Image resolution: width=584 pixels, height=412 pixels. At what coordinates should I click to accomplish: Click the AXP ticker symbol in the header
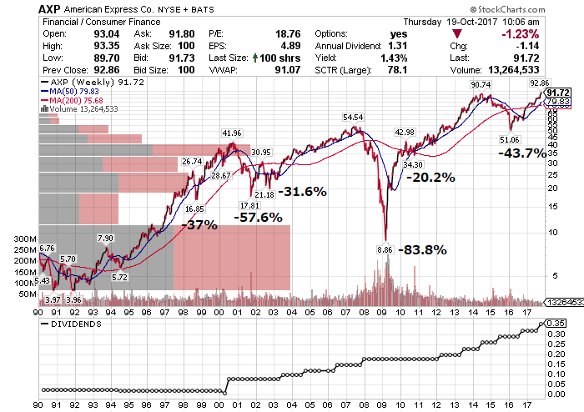tap(49, 9)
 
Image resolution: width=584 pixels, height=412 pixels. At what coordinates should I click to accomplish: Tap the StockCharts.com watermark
tap(507, 9)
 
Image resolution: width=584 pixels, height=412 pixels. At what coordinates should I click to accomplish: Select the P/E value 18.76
tap(288, 34)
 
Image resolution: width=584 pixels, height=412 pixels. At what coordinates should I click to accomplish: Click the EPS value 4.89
tap(290, 46)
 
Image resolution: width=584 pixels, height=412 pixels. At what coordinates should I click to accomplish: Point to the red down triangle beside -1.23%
tap(457, 34)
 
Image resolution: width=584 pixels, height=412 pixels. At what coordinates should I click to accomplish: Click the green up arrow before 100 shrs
tap(255, 58)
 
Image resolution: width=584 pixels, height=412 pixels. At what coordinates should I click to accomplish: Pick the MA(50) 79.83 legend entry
tap(69, 91)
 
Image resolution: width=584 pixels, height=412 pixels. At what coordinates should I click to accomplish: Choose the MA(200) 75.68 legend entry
tap(72, 100)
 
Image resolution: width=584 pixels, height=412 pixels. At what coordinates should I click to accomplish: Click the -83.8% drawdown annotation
tap(422, 249)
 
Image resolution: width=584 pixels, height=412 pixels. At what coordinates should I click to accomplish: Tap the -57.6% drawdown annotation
tap(258, 218)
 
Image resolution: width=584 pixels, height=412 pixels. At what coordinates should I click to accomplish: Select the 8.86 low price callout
tap(385, 249)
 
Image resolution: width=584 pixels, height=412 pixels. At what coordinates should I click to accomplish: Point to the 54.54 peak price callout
tap(353, 118)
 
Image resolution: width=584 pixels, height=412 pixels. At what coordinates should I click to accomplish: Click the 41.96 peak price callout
tap(232, 133)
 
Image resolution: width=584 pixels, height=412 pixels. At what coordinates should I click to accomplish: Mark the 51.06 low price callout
tap(509, 139)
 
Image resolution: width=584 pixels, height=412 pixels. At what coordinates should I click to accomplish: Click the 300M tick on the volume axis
tap(25, 239)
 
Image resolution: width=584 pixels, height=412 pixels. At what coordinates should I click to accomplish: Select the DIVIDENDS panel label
tap(76, 324)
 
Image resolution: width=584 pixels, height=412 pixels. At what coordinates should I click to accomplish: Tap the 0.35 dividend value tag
tap(556, 323)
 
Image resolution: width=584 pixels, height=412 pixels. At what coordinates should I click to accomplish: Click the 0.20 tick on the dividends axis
tap(556, 354)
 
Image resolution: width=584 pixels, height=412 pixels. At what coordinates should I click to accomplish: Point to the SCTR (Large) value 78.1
tap(397, 70)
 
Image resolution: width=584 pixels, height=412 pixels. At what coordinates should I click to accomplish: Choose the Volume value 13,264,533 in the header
tap(514, 70)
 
